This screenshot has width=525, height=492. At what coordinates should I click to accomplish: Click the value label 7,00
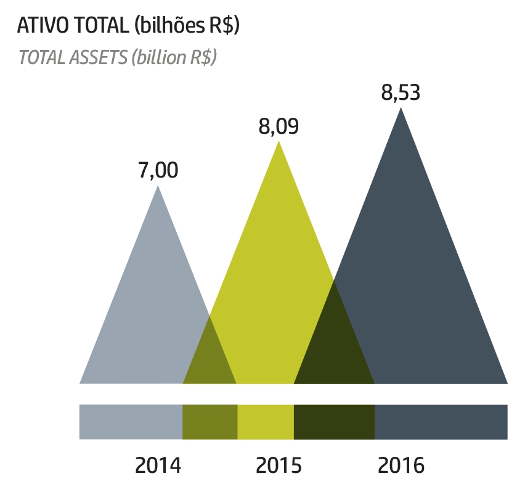[x=158, y=170]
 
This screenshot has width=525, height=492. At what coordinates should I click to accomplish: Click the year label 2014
[x=158, y=465]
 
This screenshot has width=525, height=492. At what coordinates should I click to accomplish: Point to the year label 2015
[x=279, y=465]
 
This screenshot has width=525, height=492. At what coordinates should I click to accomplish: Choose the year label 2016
[x=401, y=465]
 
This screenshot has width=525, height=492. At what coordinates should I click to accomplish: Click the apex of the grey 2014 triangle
[x=158, y=187]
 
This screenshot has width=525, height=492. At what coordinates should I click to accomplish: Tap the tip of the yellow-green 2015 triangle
[x=279, y=143]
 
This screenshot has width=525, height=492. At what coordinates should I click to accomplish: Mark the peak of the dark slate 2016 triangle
[x=401, y=109]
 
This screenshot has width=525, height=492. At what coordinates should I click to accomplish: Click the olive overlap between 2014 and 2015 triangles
[x=210, y=358]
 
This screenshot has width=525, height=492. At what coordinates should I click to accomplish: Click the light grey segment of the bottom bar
[x=131, y=422]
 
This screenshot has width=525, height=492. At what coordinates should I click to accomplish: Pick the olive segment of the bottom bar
[x=210, y=422]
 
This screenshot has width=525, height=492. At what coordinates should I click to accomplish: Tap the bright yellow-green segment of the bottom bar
[x=265, y=422]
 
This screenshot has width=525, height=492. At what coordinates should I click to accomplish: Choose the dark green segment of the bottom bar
[x=334, y=422]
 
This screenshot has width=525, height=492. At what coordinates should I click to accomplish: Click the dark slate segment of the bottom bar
[x=441, y=422]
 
